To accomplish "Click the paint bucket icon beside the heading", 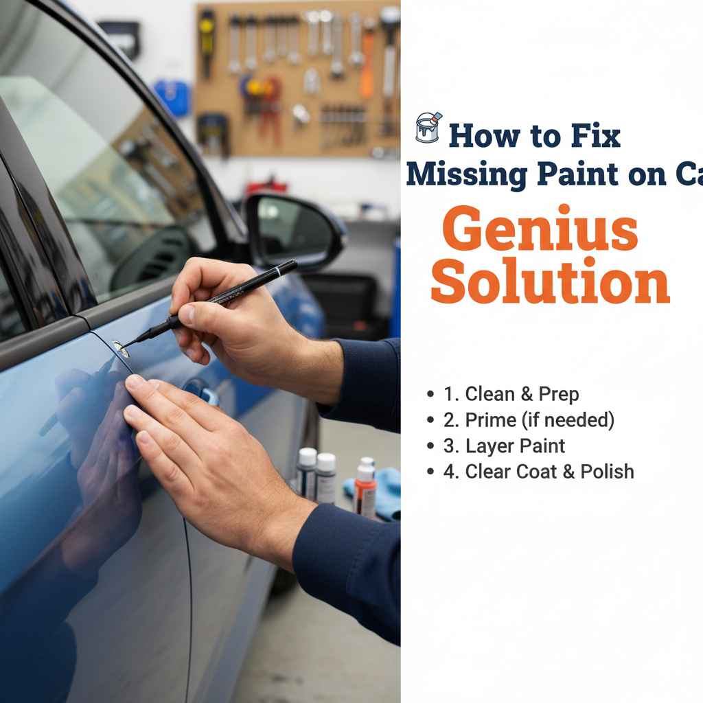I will pos(428,128).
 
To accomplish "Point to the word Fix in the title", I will pos(597,136).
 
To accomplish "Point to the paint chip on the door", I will pos(121,348).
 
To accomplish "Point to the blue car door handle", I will pos(203,392).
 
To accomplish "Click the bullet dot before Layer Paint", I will pos(430,446).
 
